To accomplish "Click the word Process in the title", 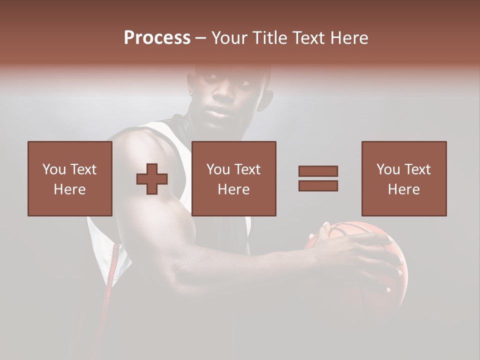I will [157, 38].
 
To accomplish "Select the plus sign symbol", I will [152, 178].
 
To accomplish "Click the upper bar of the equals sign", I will [318, 171].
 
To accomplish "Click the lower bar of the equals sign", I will [318, 185].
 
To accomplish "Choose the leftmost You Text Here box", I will [69, 178].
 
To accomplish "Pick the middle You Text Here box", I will [233, 178].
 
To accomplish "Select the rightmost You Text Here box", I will [403, 178].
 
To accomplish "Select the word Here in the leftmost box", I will [69, 189].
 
